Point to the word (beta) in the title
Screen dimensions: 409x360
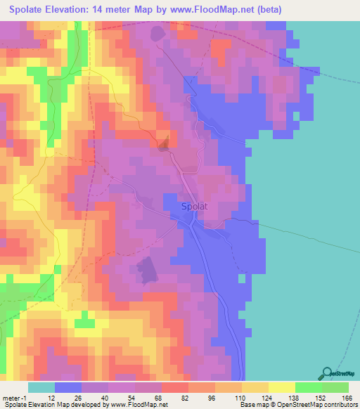296,9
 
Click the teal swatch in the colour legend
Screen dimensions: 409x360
41,387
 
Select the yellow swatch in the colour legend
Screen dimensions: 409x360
282,387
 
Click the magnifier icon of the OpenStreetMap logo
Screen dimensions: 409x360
326,373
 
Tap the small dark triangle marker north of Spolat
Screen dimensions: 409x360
164,145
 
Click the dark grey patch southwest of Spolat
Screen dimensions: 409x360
146,271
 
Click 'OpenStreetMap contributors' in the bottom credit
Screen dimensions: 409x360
316,404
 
